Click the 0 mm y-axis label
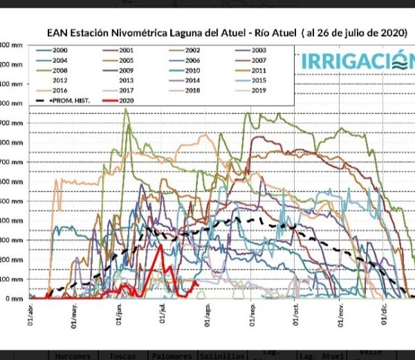(13, 299)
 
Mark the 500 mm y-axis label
(10, 201)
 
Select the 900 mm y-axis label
(10, 123)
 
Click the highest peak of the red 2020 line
(161, 247)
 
